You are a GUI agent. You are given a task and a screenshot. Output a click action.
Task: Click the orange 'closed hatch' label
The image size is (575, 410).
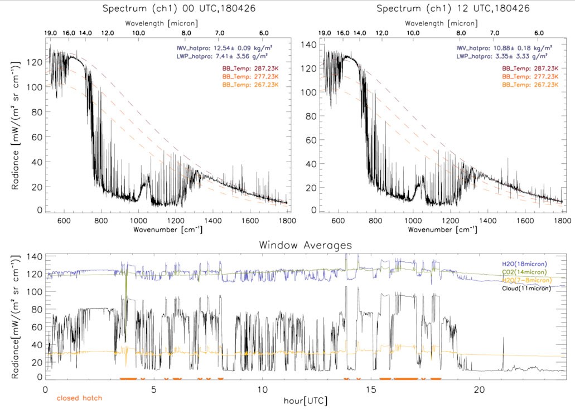click(79, 398)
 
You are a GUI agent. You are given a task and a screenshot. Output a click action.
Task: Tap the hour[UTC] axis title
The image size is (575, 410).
click(305, 400)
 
